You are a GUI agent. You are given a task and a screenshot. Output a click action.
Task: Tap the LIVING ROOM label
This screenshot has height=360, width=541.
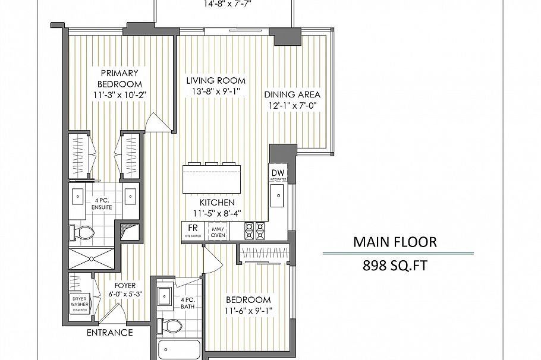pyautogui.click(x=215, y=81)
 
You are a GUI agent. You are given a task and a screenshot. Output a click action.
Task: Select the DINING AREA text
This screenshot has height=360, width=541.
pyautogui.click(x=292, y=94)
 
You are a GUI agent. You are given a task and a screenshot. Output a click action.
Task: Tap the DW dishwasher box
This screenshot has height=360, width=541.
pyautogui.click(x=278, y=174)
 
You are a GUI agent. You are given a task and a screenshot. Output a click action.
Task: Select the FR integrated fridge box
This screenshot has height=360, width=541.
pyautogui.click(x=193, y=230)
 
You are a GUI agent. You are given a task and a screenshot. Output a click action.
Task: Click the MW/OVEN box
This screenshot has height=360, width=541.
pyautogui.click(x=218, y=230)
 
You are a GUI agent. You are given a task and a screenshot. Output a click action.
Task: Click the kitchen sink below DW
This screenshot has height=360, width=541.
pyautogui.click(x=278, y=194)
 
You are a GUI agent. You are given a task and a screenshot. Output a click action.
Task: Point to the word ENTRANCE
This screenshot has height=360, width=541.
pyautogui.click(x=109, y=333)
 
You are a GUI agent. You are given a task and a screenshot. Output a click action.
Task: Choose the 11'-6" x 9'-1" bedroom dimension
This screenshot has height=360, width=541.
pyautogui.click(x=248, y=311)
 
